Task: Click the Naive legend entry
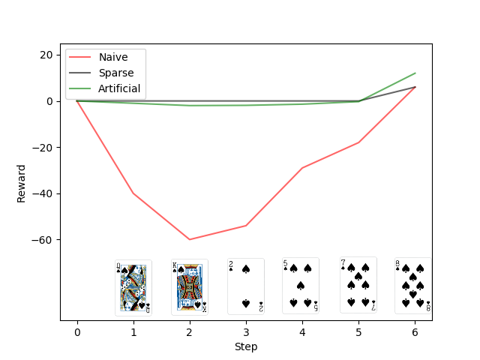tap(112, 57)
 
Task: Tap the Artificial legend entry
tap(119, 88)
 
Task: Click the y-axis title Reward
tap(22, 183)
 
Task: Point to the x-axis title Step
tap(246, 346)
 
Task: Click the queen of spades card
tap(133, 288)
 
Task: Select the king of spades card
tap(189, 287)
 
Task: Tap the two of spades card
tap(246, 286)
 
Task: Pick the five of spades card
tap(301, 286)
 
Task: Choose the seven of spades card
tap(358, 285)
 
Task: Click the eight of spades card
tap(412, 286)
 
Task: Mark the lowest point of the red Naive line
tap(190, 239)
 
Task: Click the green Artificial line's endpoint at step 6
tap(415, 73)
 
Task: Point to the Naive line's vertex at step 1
tap(133, 193)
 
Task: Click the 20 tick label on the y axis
tap(46, 55)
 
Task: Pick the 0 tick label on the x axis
tap(77, 332)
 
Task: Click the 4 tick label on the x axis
tap(302, 332)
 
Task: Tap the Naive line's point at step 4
tap(302, 168)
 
